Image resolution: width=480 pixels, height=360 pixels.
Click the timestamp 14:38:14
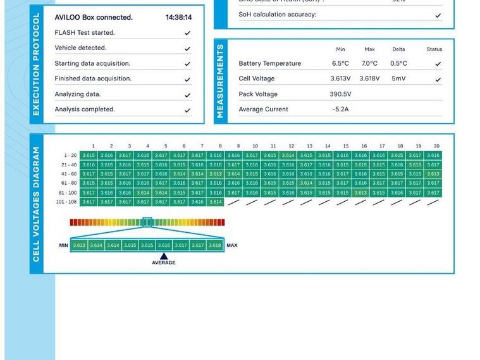[x=178, y=18]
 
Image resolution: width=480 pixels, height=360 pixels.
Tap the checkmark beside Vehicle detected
[x=187, y=48]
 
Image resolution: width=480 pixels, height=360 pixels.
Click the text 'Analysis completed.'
[x=85, y=109]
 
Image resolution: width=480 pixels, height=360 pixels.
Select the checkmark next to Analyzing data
[x=187, y=95]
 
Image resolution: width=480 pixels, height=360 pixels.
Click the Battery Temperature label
[x=269, y=63]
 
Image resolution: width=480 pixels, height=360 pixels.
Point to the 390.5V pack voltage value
[x=340, y=94]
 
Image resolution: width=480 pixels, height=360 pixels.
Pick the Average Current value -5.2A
[x=340, y=109]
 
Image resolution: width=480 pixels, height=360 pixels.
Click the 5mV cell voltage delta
[x=398, y=79]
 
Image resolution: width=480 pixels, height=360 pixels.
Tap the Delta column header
[x=398, y=49]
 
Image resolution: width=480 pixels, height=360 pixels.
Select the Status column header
[x=434, y=49]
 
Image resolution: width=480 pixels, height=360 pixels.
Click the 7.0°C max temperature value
[x=369, y=63]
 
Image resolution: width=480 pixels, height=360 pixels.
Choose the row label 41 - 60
[x=69, y=174]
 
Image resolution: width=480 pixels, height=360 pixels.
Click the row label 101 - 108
[x=66, y=202]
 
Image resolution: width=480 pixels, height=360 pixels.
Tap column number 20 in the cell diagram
[x=436, y=146]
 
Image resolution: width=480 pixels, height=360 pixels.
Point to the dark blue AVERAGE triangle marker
[x=164, y=256]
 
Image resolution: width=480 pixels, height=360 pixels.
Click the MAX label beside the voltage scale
[x=232, y=245]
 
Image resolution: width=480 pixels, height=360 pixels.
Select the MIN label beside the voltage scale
[x=63, y=245]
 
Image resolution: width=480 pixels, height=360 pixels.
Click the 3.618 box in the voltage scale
[x=215, y=245]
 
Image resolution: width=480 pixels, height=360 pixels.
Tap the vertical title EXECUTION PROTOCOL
[x=36, y=65]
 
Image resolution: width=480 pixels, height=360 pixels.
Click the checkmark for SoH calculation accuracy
[x=438, y=15]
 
